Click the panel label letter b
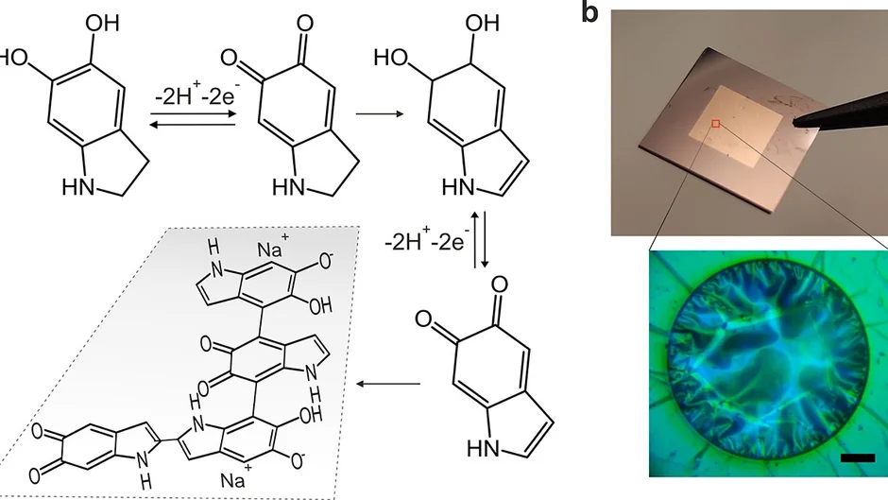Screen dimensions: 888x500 coord(589,12)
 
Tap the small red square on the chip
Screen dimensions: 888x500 coord(716,124)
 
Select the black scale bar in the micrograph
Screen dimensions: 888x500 coord(858,457)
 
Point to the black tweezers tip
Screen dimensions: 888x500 coord(798,120)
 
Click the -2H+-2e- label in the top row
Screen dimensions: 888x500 coord(196,95)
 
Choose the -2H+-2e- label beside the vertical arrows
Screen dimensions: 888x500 coord(426,241)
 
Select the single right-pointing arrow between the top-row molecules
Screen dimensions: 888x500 coord(380,114)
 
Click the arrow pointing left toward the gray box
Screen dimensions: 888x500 coord(388,385)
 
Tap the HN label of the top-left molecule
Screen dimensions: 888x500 coord(78,186)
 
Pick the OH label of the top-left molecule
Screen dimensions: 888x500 coord(103,24)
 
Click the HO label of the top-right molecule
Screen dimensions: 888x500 coord(392,58)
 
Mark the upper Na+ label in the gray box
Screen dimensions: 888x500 coord(273,248)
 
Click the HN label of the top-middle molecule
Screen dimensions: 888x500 coord(289,186)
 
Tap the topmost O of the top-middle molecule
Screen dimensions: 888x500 coord(305,24)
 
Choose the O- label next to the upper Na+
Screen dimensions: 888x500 coord(326,261)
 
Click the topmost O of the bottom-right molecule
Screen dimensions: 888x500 coord(500,284)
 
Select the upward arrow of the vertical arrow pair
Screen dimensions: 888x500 coord(474,240)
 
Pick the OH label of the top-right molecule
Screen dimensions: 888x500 coord(483,24)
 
